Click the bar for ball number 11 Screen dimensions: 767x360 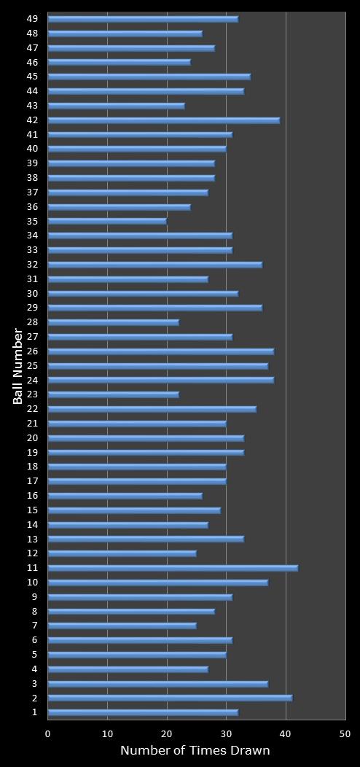pos(173,568)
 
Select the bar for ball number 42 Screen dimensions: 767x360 pos(164,120)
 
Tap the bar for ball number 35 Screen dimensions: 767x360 pos(107,222)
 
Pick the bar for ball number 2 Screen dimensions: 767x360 pos(170,698)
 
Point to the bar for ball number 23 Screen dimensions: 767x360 pos(113,394)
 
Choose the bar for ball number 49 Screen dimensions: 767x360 pos(143,19)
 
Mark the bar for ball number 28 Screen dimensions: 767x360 pos(113,322)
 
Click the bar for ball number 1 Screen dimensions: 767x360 pos(143,712)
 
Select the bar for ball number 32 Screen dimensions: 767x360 pos(154,265)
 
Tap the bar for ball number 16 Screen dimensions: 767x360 pos(125,496)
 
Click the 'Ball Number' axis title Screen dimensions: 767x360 pos(18,365)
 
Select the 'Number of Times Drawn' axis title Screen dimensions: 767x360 pos(195,750)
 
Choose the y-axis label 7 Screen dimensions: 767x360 pos(34,626)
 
